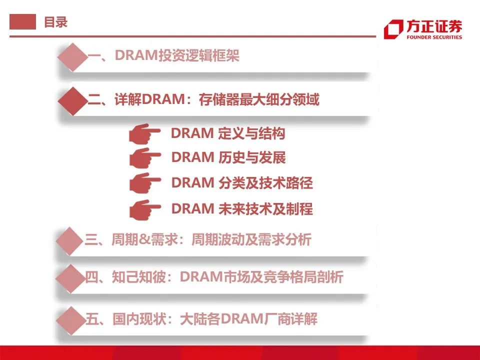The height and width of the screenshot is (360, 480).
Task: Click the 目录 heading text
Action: coord(55,22)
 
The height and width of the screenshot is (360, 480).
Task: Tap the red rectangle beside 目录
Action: coord(22,21)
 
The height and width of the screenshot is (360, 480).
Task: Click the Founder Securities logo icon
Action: coord(393,29)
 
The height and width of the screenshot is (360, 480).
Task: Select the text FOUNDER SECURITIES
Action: coord(434,37)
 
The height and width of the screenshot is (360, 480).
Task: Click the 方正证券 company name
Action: coord(434,26)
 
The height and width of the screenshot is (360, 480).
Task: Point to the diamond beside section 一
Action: coord(72,57)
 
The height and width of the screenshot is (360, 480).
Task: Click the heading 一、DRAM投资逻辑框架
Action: coord(163,55)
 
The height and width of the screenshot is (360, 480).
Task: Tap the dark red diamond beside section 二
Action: coord(72,101)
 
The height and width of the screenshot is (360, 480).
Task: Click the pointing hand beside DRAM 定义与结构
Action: coord(144,133)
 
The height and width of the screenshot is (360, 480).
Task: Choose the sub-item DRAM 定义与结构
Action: coord(228,133)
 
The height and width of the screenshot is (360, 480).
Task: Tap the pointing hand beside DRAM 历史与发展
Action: coord(144,157)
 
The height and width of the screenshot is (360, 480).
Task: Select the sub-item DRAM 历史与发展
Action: coord(228,157)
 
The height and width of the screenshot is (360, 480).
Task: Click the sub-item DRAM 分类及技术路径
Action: coord(242,183)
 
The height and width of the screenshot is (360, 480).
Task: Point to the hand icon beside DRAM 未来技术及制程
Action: coord(145,209)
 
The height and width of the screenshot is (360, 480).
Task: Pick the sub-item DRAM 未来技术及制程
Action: coord(242,209)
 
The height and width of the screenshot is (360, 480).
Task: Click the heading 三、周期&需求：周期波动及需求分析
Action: coord(198,239)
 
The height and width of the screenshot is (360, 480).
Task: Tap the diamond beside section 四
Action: coord(70,278)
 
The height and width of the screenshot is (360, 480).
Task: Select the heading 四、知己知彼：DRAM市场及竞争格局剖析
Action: coord(214,277)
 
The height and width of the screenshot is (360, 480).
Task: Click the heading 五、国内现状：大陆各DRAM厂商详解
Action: coord(201,319)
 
